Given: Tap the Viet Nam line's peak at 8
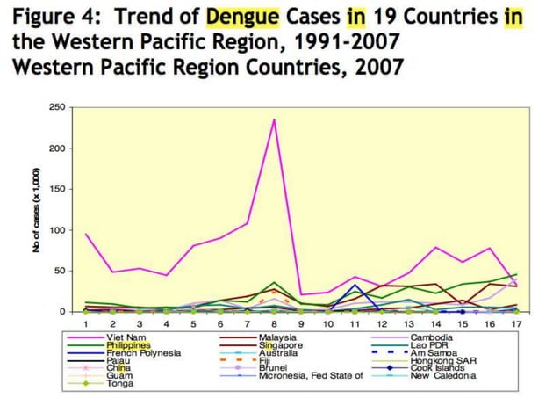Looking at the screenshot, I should click(275, 119).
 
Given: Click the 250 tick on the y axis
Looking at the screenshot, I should click(57, 107).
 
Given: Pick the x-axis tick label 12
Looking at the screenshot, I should click(382, 324).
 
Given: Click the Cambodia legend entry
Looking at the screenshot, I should click(433, 337).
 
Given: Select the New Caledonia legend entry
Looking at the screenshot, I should click(443, 375).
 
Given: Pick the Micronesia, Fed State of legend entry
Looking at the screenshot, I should click(311, 375).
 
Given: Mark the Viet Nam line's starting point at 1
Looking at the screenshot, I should click(86, 234).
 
